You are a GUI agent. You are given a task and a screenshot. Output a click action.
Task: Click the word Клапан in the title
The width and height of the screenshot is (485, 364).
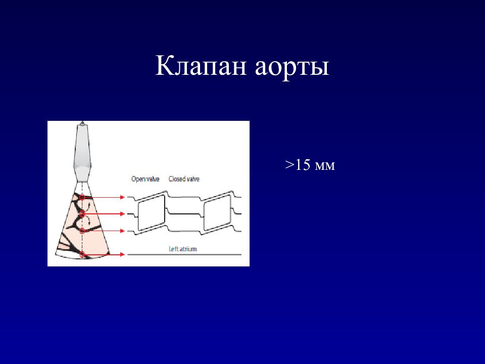pos(201,66)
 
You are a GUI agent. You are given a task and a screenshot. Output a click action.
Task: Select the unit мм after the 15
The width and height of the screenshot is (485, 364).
pos(325,166)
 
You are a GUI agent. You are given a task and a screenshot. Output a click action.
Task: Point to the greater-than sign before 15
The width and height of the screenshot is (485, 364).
pos(289,165)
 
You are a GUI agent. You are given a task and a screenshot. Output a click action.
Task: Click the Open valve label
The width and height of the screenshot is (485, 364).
pos(145,179)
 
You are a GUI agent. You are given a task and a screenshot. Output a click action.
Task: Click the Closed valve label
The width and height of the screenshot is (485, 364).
pos(184,179)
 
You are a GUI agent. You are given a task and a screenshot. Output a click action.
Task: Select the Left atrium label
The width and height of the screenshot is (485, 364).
pos(182,249)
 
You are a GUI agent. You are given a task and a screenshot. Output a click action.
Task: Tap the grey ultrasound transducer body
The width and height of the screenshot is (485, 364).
pos(82,153)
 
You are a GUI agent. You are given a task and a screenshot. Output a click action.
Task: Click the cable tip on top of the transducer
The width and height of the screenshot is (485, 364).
pos(82,123)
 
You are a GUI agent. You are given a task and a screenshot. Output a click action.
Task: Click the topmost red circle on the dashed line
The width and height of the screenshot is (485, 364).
pos(82,197)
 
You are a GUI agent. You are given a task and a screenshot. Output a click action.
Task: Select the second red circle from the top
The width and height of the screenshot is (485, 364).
pos(82,213)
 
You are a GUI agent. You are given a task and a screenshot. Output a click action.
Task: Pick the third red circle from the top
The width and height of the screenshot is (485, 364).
pos(82,231)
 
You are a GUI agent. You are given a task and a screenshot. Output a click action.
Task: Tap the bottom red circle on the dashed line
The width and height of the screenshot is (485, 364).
pos(82,254)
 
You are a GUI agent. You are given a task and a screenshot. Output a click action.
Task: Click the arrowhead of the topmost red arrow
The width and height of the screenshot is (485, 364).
pos(123,197)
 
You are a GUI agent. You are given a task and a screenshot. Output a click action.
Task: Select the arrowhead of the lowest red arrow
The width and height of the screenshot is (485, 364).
pos(123,254)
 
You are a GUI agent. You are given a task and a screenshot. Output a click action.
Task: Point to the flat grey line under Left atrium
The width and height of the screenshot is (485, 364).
pos(184,254)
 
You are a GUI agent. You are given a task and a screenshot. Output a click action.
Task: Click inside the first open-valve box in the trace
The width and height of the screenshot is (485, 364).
pos(151,213)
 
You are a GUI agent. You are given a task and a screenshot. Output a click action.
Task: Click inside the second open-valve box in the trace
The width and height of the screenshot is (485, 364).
pos(217,213)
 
